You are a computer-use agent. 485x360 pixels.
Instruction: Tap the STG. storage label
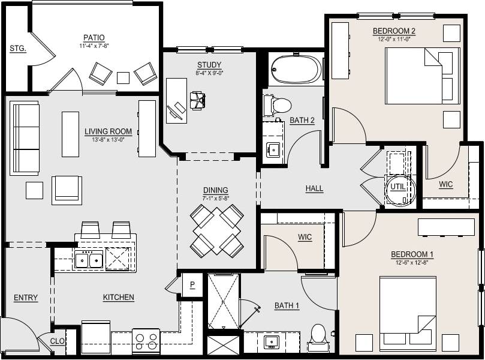pyautogui.click(x=17, y=49)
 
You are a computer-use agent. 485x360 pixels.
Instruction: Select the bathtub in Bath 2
pyautogui.click(x=296, y=70)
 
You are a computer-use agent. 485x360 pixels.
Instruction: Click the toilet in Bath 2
pyautogui.click(x=280, y=105)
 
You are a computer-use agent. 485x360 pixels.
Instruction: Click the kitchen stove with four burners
pyautogui.click(x=145, y=341)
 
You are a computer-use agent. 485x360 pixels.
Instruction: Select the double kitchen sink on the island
pyautogui.click(x=88, y=260)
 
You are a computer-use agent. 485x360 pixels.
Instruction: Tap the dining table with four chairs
pyautogui.click(x=217, y=230)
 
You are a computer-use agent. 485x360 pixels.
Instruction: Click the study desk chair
pyautogui.click(x=197, y=100)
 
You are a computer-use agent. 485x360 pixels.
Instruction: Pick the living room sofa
pyautogui.click(x=25, y=138)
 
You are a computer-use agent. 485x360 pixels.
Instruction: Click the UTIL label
pyautogui.click(x=398, y=187)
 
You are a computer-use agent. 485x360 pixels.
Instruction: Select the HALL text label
pyautogui.click(x=314, y=188)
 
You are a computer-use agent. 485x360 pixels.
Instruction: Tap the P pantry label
pyautogui.click(x=192, y=285)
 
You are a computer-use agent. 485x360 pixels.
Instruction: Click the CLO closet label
pyautogui.click(x=58, y=341)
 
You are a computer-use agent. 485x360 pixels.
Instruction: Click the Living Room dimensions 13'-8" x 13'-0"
pyautogui.click(x=108, y=140)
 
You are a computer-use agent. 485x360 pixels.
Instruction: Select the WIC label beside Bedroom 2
pyautogui.click(x=445, y=185)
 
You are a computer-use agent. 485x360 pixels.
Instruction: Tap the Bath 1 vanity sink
pyautogui.click(x=272, y=342)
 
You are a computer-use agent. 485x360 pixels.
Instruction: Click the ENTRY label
pyautogui.click(x=26, y=298)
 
